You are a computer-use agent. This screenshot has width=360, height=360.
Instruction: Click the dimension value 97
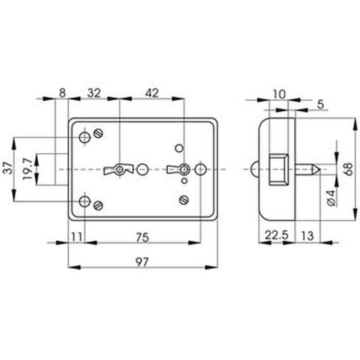click(142, 262)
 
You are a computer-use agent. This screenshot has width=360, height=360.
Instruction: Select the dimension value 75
click(142, 238)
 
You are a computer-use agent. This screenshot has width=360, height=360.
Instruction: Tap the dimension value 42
click(152, 93)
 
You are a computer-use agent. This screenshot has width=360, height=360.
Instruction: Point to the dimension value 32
click(94, 94)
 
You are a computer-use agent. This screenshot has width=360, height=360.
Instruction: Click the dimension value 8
click(62, 93)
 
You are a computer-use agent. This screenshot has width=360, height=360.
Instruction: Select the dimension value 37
click(9, 168)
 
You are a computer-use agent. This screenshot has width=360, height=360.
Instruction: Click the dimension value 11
click(76, 237)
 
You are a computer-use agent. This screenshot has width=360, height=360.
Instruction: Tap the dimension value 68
click(348, 169)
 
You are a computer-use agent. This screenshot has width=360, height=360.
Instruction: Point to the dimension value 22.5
click(276, 235)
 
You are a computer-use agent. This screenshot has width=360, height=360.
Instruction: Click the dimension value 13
click(307, 236)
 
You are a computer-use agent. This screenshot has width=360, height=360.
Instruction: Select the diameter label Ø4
click(331, 198)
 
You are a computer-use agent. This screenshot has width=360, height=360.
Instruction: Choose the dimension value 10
click(279, 94)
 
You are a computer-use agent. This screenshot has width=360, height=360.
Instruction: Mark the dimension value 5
click(320, 104)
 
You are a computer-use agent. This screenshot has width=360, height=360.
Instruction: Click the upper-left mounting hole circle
click(85, 137)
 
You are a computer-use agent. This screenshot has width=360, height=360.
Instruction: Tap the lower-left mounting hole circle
click(85, 202)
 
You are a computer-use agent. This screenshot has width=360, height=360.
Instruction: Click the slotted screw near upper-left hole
click(98, 133)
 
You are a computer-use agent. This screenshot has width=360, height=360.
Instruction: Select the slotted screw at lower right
click(184, 200)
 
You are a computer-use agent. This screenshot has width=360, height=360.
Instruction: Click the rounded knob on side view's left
click(255, 170)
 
